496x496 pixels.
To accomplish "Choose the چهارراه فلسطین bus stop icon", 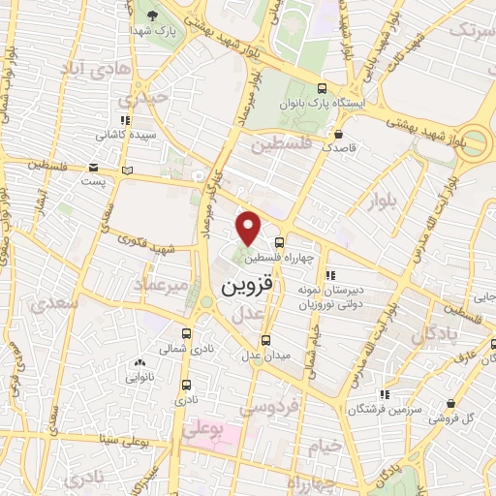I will pos(279,243).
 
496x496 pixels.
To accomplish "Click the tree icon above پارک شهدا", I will pos(153,14).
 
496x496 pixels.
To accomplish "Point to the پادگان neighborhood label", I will pos(433,335).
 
